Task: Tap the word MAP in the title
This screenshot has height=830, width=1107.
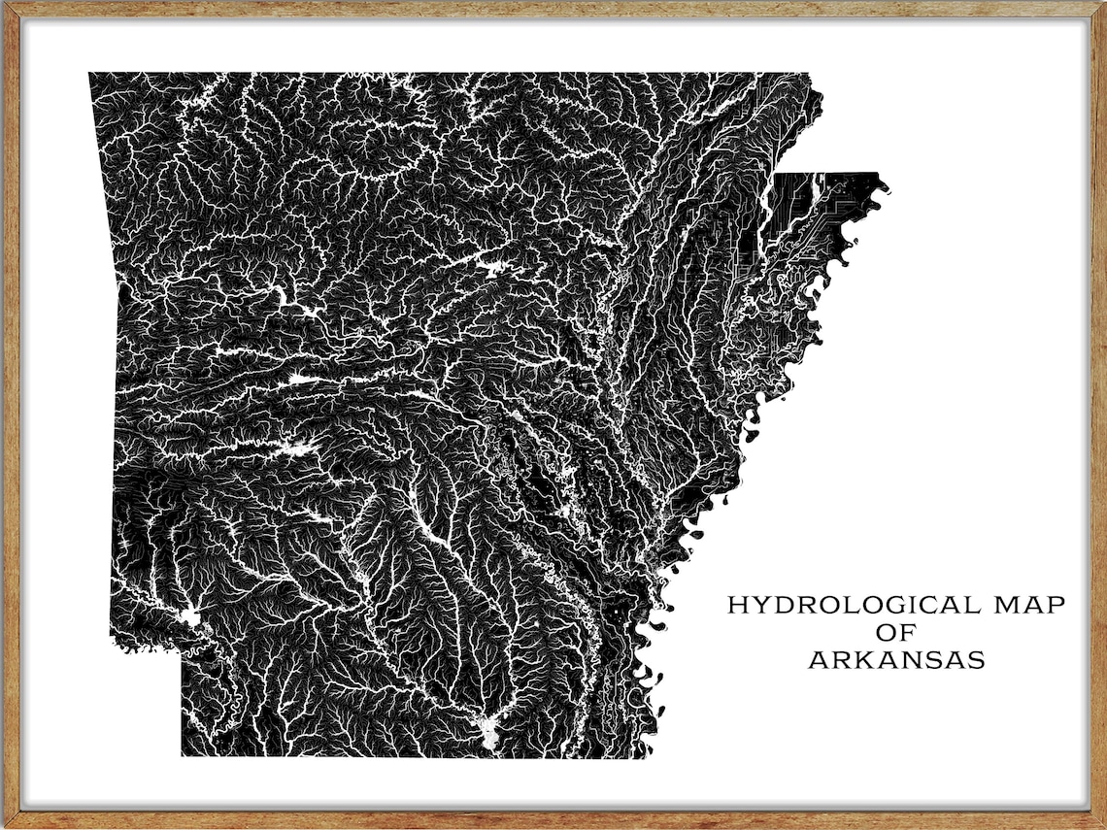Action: (1029, 605)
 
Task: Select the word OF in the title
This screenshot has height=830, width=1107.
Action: (895, 633)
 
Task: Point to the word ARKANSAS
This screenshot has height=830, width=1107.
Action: (896, 661)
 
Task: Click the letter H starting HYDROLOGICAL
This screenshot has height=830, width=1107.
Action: (737, 605)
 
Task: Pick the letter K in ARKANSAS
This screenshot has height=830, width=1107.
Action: (854, 661)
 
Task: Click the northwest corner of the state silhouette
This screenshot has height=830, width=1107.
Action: (90, 74)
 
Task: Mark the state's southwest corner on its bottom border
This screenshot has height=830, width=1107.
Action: (183, 754)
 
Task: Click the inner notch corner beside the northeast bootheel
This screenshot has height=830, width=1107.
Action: (777, 175)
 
